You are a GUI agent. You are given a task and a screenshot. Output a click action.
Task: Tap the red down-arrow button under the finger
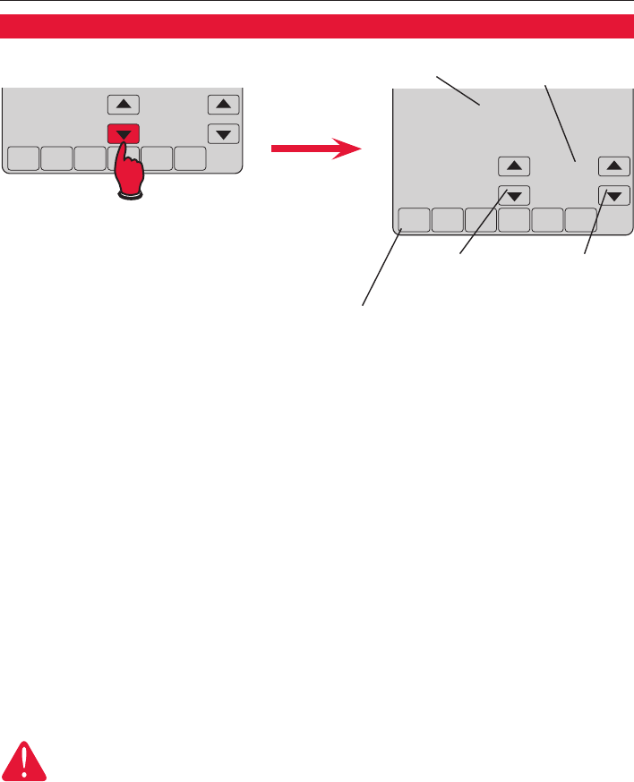(124, 134)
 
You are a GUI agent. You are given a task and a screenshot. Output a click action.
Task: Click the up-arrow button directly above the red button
(124, 105)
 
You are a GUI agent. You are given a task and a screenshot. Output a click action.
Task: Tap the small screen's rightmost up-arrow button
(223, 105)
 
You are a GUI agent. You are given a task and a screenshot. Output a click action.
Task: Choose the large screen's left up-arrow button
(514, 166)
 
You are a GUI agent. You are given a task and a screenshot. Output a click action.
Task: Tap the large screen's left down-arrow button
(514, 195)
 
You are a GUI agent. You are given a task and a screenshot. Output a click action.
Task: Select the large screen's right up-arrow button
(613, 166)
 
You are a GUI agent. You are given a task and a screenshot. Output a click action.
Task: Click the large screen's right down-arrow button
(613, 195)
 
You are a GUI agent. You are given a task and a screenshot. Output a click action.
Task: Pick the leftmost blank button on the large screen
(412, 220)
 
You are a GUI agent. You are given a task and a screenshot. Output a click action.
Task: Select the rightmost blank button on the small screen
(189, 158)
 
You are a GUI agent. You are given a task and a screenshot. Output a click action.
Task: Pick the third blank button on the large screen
(480, 220)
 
